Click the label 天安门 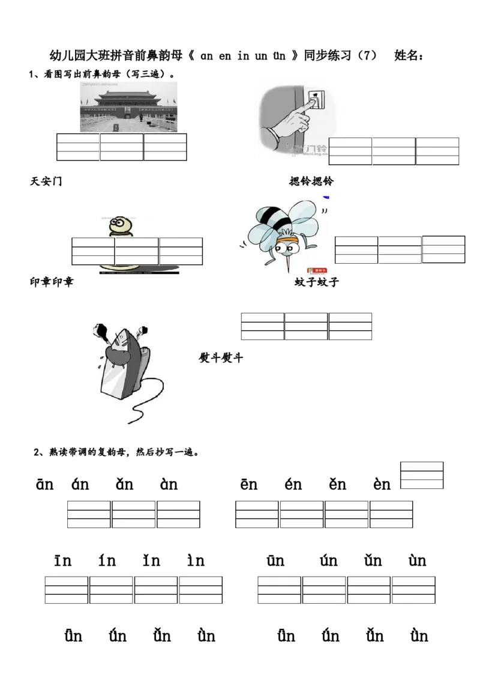coord(46,181)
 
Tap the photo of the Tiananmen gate coord(128,107)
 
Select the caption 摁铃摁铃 coord(311,181)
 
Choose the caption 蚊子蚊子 coord(316,282)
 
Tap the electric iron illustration coord(128,373)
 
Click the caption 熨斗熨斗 coord(221,358)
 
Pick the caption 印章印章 coord(52,282)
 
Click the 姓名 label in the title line coord(409,55)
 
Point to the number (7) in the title coord(367,55)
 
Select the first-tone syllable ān coord(44,484)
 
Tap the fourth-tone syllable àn coord(169,484)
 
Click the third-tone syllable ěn coord(337,484)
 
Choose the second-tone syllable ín coord(107,560)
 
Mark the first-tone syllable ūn coord(275,560)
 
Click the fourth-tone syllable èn coord(382,484)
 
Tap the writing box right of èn coord(422,475)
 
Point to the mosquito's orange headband coord(288,241)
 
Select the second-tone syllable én coord(293,484)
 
